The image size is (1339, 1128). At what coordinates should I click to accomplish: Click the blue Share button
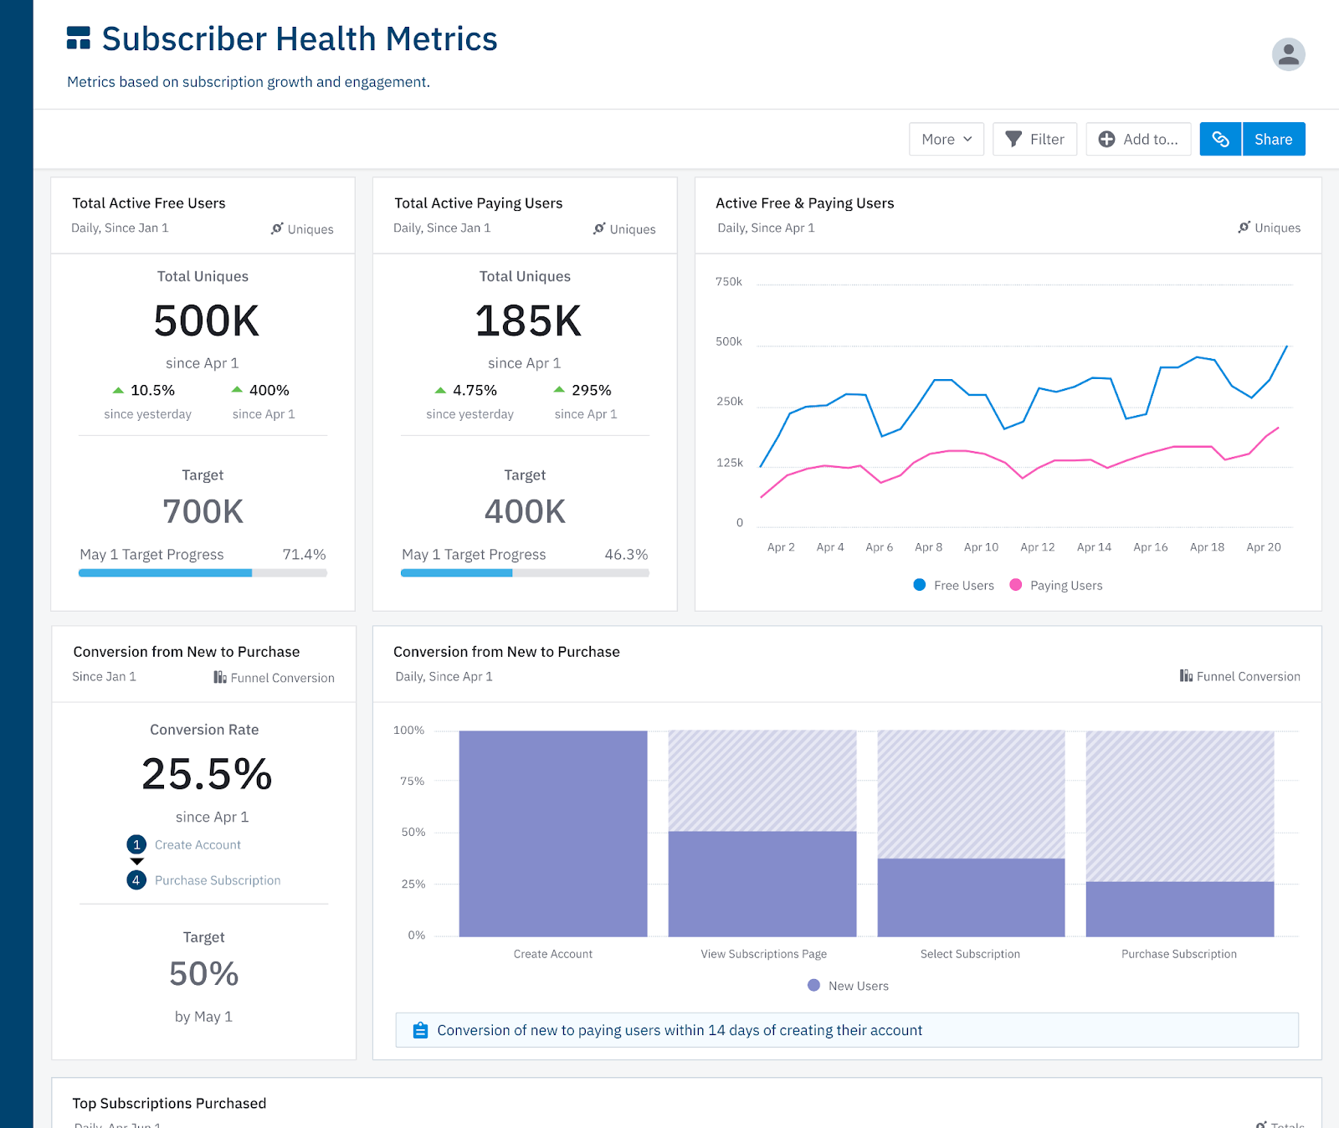click(1273, 139)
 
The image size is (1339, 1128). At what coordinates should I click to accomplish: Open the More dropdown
click(946, 139)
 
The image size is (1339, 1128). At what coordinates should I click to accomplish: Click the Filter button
click(1034, 139)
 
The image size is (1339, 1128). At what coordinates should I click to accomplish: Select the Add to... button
click(1138, 139)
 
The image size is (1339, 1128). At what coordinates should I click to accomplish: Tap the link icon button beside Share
click(1220, 139)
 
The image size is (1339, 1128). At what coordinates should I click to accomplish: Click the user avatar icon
click(1288, 54)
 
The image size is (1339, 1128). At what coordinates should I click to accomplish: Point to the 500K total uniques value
click(206, 321)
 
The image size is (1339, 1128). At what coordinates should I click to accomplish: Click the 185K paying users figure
click(527, 321)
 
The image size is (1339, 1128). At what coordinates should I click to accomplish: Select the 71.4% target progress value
click(304, 555)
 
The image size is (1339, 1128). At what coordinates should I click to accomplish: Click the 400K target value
click(525, 511)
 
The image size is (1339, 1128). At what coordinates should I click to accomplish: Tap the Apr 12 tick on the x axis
click(1037, 547)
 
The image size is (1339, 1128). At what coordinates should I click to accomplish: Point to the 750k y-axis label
click(729, 282)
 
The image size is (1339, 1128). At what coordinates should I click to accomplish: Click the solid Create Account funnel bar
click(552, 833)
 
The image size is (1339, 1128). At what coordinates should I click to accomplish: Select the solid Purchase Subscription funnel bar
click(1179, 909)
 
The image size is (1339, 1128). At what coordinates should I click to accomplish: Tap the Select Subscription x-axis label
click(970, 954)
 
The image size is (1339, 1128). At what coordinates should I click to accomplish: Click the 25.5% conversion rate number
click(207, 774)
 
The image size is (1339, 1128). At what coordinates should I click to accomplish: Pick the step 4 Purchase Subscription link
click(217, 880)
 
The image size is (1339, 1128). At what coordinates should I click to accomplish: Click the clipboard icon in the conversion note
click(420, 1030)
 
